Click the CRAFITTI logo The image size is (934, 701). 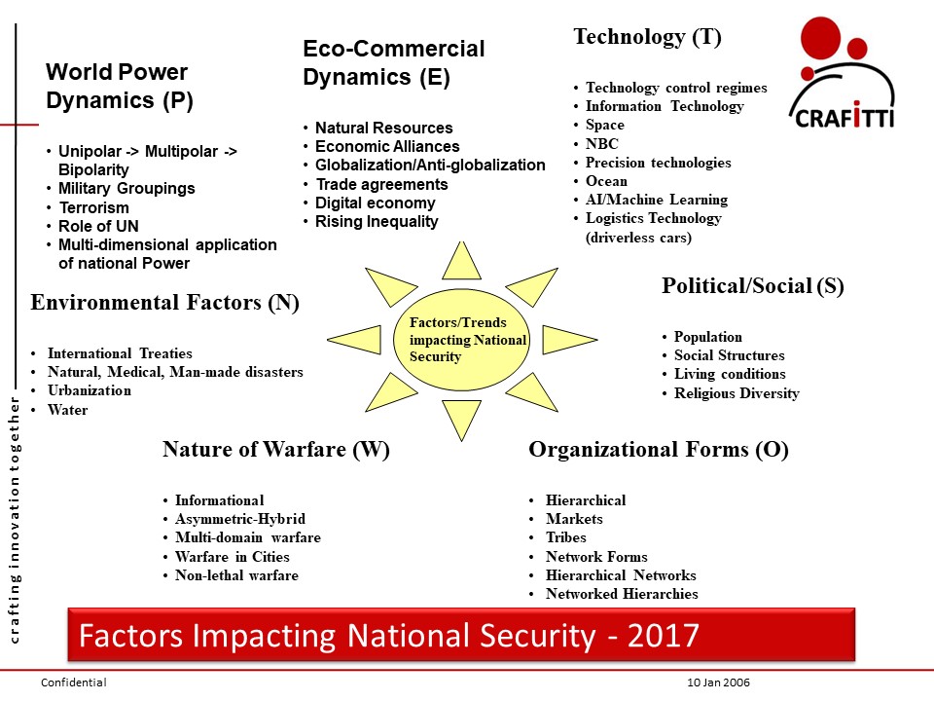pos(841,76)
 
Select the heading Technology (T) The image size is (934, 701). pos(647,38)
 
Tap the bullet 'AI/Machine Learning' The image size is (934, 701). pos(657,200)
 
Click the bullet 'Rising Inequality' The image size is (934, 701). pos(377,222)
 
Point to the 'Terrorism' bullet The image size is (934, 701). pos(93,207)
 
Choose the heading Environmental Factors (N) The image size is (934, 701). pos(165,303)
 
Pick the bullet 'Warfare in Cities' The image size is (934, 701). pos(232,557)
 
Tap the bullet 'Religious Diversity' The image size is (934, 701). pos(736,393)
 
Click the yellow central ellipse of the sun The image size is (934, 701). pos(462,339)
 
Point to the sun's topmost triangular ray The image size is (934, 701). pos(461,261)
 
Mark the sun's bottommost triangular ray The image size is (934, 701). pos(462,418)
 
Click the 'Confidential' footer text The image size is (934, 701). pos(73,683)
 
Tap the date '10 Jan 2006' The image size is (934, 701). pos(718,683)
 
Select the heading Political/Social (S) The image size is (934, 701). pos(752,286)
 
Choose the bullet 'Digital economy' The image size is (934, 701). pos(375,203)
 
